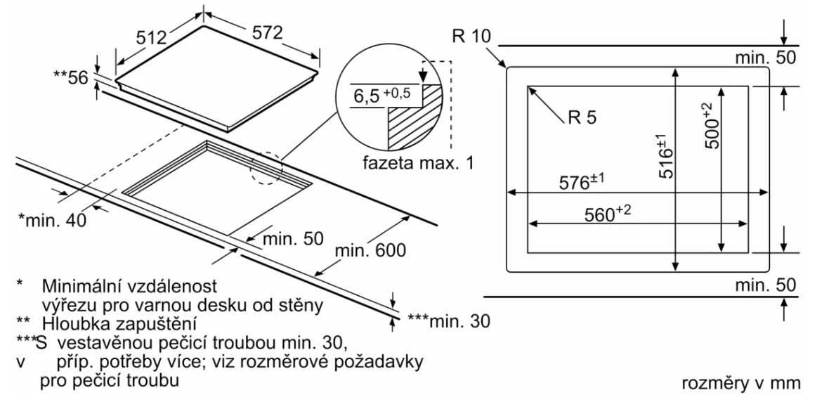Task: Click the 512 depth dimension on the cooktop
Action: (x=152, y=37)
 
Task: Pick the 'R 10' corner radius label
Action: (x=468, y=35)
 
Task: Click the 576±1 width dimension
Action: (x=581, y=183)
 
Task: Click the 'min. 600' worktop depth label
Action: (x=370, y=249)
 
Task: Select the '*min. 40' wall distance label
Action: (x=51, y=221)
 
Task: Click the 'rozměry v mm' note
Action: (x=740, y=384)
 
